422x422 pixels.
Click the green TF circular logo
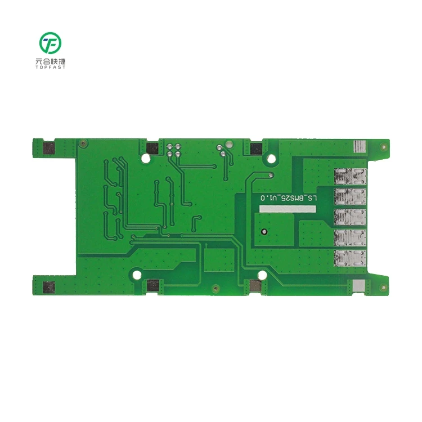pos(50,43)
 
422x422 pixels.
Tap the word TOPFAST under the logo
pos(50,67)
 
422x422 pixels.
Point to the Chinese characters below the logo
pos(50,60)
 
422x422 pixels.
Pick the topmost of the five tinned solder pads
pos(349,177)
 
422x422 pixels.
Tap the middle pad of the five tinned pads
pos(349,218)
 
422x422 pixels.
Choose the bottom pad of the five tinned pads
pos(349,258)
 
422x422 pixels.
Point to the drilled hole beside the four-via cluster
pos(146,158)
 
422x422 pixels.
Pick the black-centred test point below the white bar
pos(263,231)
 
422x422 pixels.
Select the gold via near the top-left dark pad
pos(83,143)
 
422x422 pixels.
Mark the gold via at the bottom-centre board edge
pos(216,289)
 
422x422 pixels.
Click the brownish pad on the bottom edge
pos(254,286)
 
